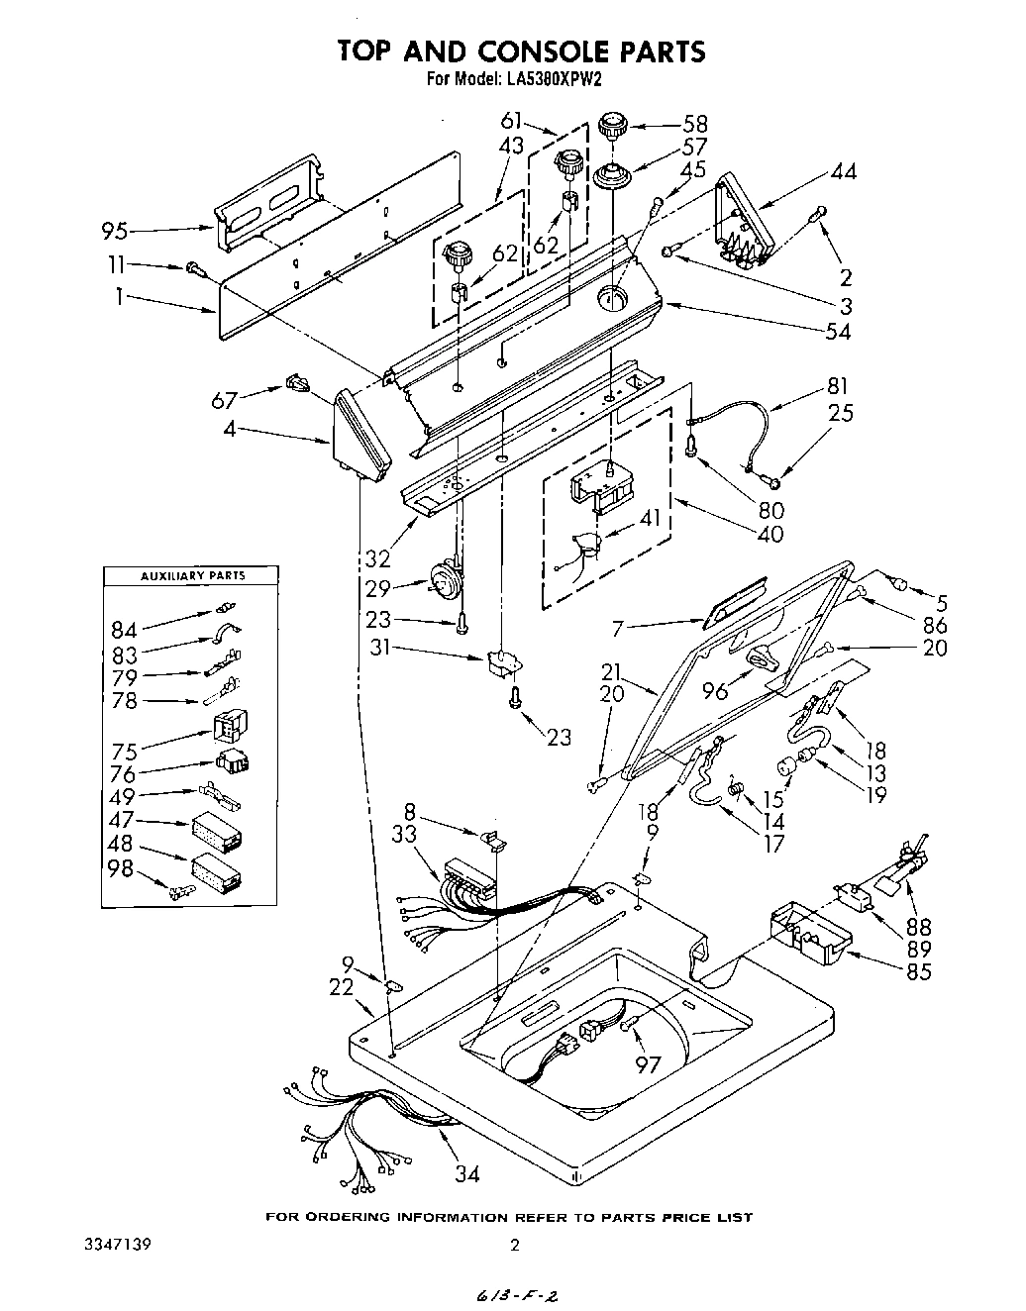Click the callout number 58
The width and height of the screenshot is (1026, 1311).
pos(696,124)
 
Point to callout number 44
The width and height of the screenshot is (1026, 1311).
pos(844,172)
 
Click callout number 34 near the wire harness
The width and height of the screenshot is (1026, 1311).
pos(467,1174)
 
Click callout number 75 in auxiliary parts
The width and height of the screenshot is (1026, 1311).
pos(125,750)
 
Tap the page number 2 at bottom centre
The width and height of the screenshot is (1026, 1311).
pos(514,1246)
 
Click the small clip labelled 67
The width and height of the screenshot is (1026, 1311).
pos(294,382)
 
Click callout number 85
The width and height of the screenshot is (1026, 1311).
pos(918,971)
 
